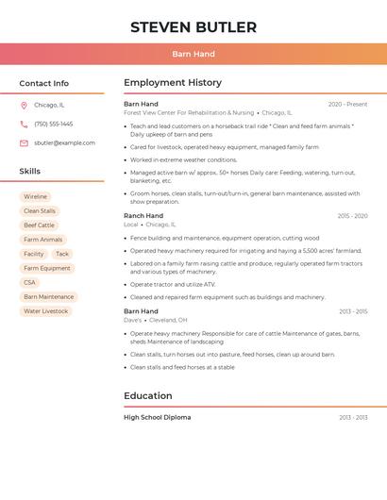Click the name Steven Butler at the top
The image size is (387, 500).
(193, 27)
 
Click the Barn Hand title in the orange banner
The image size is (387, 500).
(193, 55)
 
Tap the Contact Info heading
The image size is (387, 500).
(44, 83)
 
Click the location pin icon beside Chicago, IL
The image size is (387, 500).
(24, 106)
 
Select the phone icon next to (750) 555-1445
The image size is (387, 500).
(24, 125)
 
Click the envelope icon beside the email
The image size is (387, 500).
(24, 143)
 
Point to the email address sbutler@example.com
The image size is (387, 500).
(64, 143)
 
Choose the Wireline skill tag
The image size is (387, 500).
(36, 197)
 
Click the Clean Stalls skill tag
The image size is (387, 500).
(40, 211)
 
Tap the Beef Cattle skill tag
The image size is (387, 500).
(39, 225)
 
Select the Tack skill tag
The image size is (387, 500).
(62, 254)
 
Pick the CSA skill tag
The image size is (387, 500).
(29, 282)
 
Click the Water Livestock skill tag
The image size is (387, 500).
(45, 310)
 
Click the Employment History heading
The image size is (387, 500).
(173, 83)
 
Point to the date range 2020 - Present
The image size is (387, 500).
(347, 104)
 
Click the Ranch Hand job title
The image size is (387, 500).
(143, 216)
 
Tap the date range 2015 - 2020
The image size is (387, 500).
(352, 216)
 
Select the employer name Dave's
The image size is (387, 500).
(133, 320)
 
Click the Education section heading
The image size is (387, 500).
(148, 396)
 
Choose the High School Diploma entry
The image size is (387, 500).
(158, 417)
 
